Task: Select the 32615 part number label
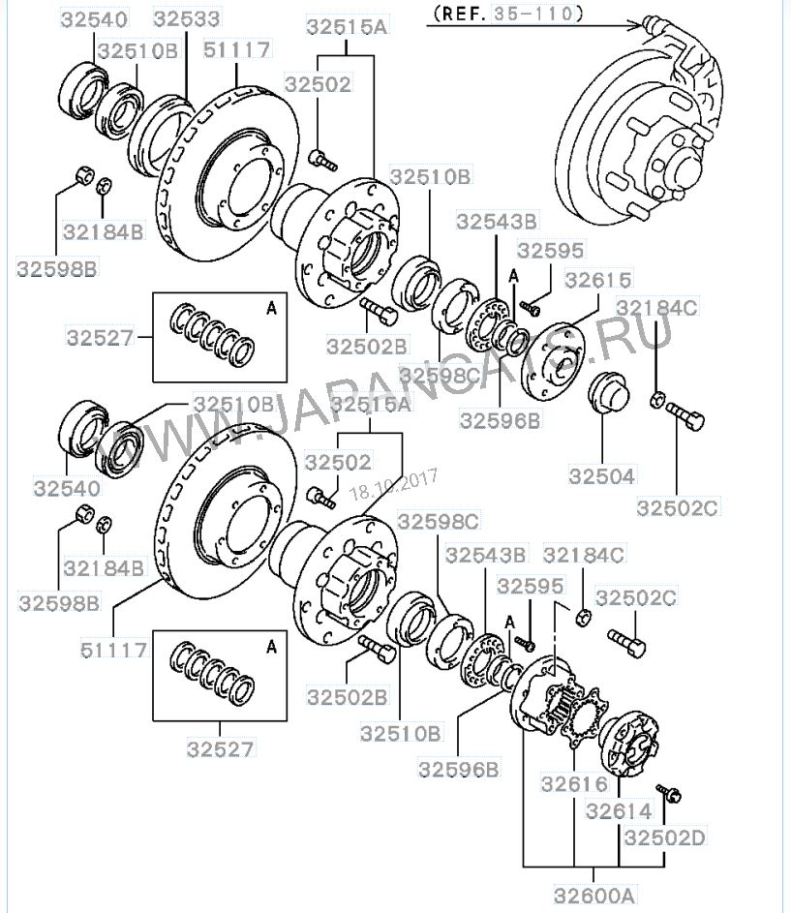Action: (x=598, y=281)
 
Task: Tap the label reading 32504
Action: (x=601, y=475)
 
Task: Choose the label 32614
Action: (x=619, y=810)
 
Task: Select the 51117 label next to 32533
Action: (x=237, y=48)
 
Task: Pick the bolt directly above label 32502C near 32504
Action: (x=686, y=417)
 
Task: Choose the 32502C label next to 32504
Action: (x=675, y=505)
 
